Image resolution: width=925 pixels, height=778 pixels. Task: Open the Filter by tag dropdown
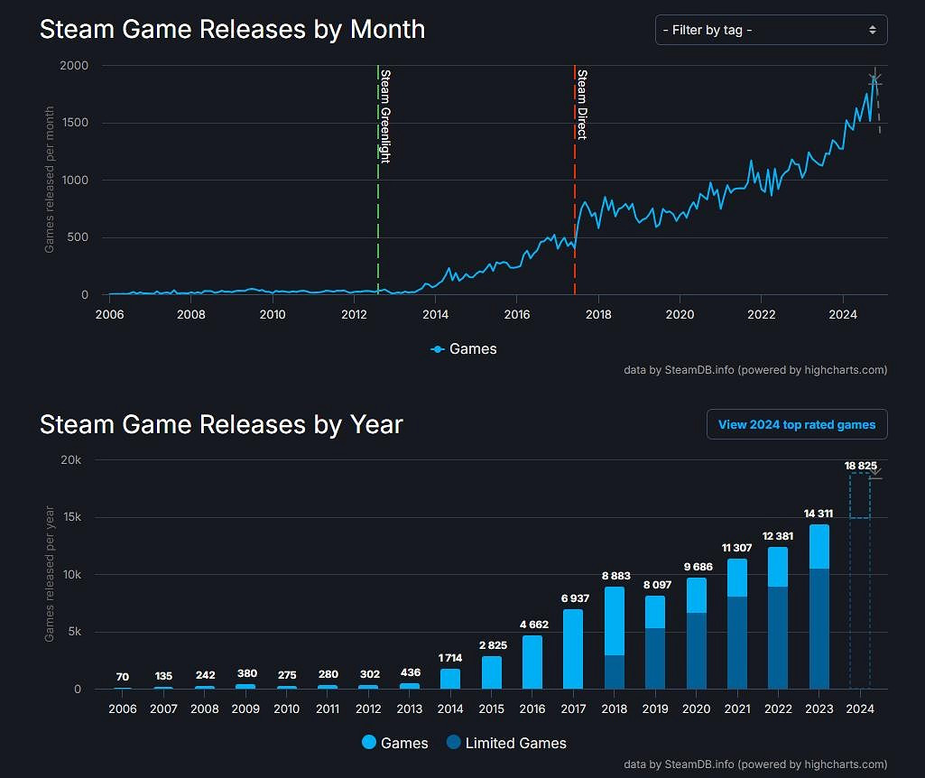771,30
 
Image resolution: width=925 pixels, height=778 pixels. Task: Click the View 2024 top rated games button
797,424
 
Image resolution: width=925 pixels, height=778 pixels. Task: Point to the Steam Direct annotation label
582,104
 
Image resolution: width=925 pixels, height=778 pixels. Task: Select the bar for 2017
574,650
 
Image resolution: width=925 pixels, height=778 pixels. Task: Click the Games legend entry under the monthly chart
464,348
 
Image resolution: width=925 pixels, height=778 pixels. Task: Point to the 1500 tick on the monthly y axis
76,124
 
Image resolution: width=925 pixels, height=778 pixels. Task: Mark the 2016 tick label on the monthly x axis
516,314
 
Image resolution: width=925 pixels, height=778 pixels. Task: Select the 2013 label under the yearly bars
409,709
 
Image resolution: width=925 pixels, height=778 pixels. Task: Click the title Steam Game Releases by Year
221,424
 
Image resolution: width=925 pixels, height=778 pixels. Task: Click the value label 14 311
818,514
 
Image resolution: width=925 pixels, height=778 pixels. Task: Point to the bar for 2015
491,672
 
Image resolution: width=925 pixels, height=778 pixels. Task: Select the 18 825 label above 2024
860,465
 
